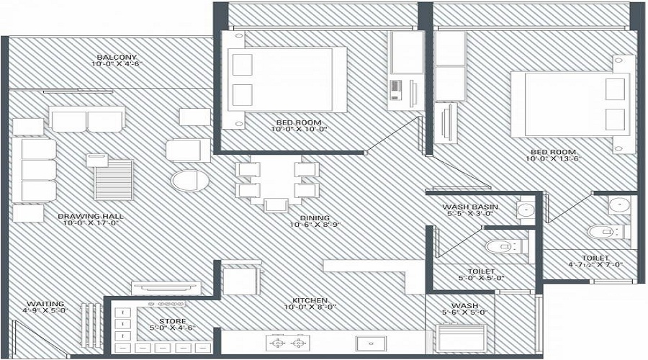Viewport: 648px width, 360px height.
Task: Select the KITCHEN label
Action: pos(310,300)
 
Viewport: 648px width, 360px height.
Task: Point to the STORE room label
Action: pos(171,321)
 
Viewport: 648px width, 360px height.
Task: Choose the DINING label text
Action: pos(310,217)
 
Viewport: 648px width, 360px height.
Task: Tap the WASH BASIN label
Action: pos(467,207)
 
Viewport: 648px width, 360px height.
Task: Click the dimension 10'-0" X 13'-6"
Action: pos(553,161)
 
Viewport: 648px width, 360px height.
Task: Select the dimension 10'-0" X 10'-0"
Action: pos(300,130)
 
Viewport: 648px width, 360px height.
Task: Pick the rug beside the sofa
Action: pos(114,179)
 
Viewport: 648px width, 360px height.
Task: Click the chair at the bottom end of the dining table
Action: pos(276,205)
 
